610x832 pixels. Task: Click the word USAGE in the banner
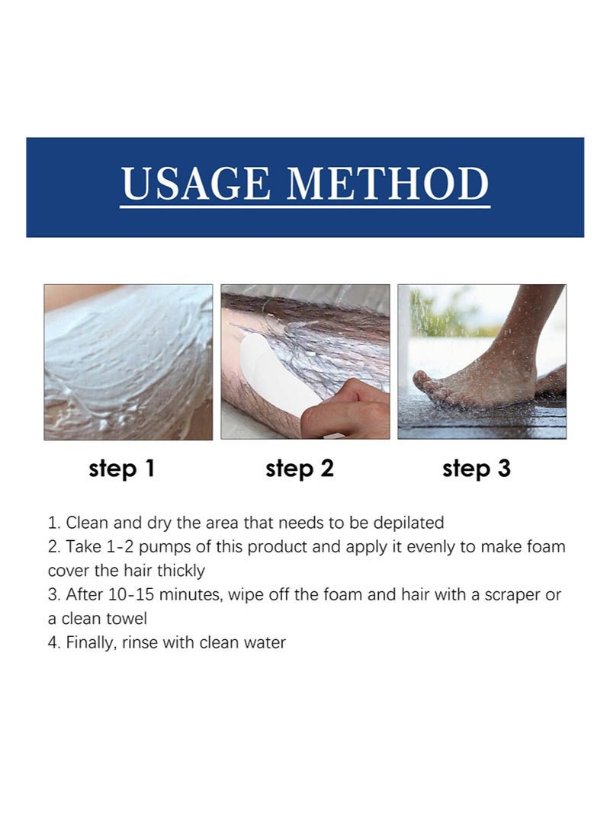point(195,184)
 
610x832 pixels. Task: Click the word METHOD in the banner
point(387,184)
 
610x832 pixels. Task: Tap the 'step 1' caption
point(122,469)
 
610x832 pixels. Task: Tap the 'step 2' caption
point(300,469)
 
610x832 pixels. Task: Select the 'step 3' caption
point(477,469)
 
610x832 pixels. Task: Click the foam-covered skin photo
point(128,362)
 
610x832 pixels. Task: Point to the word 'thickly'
point(181,571)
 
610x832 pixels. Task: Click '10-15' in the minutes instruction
point(129,595)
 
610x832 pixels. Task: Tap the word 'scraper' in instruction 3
point(507,595)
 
